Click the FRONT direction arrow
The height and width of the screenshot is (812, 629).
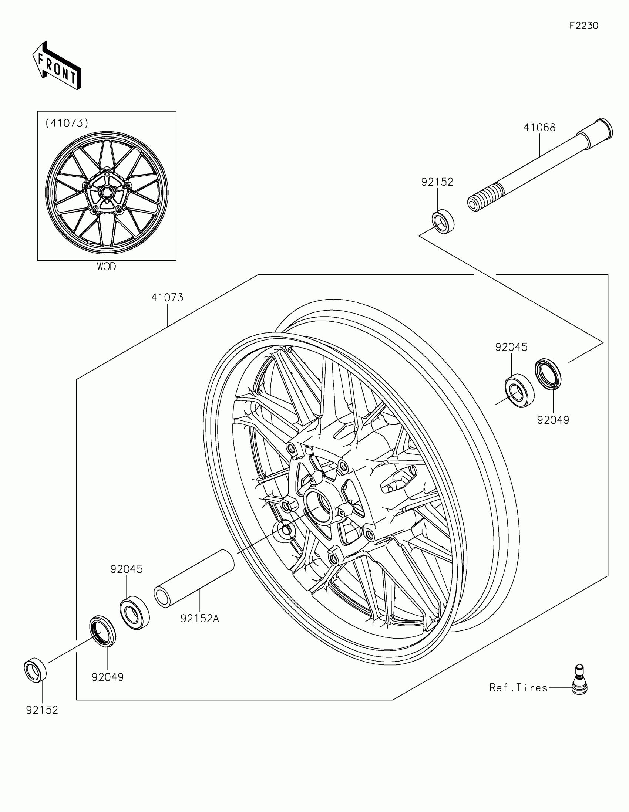(57, 66)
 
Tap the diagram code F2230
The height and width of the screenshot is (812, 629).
(583, 26)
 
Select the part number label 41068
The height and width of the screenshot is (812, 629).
(539, 128)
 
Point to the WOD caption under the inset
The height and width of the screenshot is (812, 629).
(107, 267)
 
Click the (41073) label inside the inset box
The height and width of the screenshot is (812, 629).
(67, 123)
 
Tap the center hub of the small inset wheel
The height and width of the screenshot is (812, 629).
(107, 193)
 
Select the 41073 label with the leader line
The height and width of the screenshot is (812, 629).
(167, 297)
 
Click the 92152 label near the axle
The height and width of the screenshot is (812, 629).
(437, 182)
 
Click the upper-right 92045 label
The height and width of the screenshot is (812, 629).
(511, 347)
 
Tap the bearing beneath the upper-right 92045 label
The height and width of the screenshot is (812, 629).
(519, 393)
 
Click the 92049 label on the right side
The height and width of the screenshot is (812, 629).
(553, 420)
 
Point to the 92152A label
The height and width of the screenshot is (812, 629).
(200, 619)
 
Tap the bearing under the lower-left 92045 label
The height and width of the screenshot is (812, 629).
(135, 612)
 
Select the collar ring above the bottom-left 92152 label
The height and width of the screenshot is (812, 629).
(36, 670)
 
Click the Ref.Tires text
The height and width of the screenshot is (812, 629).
(518, 688)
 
